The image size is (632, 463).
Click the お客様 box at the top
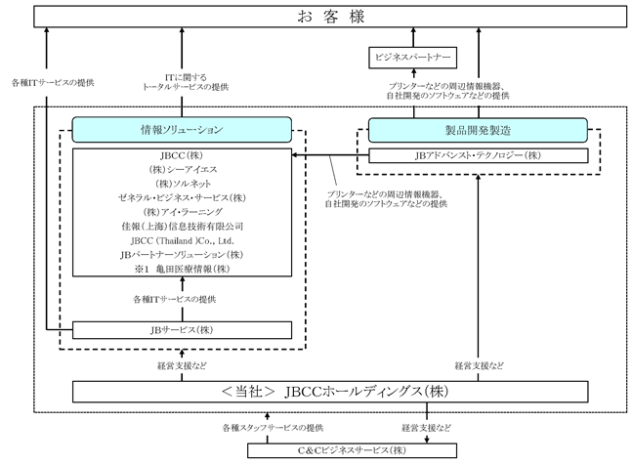[330, 17]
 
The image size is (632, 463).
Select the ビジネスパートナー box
[413, 58]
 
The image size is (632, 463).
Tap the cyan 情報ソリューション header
[182, 130]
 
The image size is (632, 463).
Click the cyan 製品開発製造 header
[478, 130]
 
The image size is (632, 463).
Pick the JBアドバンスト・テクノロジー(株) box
[479, 155]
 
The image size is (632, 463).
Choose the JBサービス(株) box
[182, 330]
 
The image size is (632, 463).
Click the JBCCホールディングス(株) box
[330, 392]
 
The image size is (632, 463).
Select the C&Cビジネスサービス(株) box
[352, 450]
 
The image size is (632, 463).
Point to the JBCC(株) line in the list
[182, 155]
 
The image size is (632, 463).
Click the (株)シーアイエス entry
[183, 170]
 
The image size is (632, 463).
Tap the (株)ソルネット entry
[183, 184]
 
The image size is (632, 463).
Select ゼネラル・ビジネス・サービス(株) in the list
[182, 198]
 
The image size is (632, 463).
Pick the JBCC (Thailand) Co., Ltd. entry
[183, 241]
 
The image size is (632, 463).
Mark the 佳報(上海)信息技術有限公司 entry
[183, 227]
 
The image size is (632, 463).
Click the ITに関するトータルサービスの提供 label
[186, 82]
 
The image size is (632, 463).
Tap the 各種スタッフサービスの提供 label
[273, 428]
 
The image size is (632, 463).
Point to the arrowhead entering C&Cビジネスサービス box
[427, 440]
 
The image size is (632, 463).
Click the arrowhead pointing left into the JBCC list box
[295, 155]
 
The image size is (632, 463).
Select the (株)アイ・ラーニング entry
[183, 212]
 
